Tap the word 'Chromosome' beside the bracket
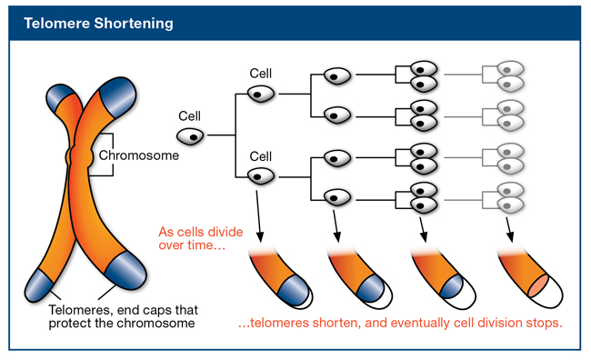[x=139, y=155]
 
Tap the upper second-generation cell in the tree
[x=262, y=93]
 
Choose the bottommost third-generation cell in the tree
[x=337, y=195]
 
